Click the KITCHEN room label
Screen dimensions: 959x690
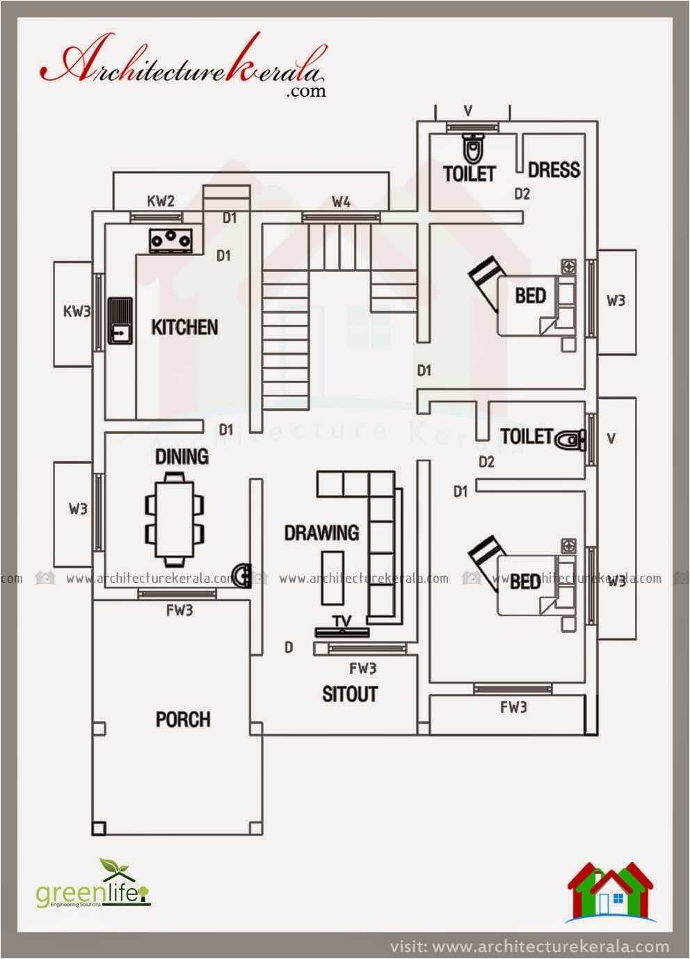(x=184, y=327)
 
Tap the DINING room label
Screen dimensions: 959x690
(x=182, y=456)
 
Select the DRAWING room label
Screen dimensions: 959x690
(x=321, y=533)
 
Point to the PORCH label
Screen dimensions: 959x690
(x=183, y=719)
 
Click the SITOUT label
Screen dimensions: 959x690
(x=349, y=694)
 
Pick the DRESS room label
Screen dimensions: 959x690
(x=554, y=170)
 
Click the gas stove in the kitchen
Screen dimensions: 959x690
(x=170, y=240)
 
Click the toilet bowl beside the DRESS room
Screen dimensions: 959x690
(x=473, y=147)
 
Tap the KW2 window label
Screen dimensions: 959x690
(x=161, y=201)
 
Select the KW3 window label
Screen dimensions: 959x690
(x=77, y=311)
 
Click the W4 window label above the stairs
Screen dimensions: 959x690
(x=341, y=202)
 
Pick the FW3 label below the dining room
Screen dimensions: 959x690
(x=179, y=611)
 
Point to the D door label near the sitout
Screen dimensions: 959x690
(x=289, y=647)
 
